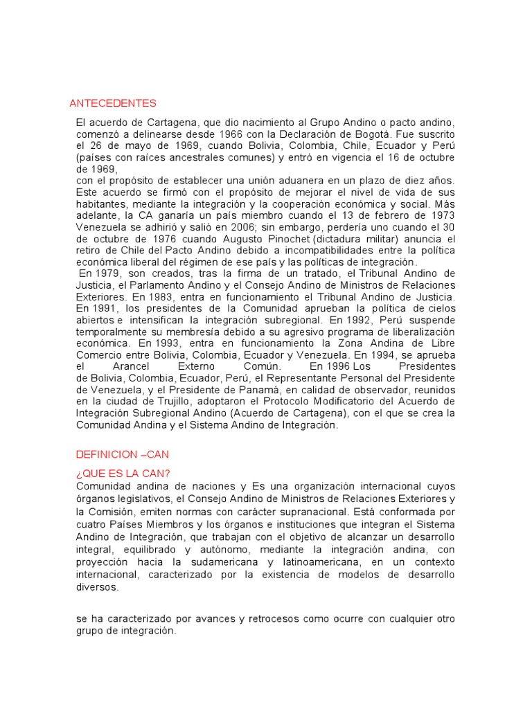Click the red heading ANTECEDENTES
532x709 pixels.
point(113,103)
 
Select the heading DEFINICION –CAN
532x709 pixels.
point(122,454)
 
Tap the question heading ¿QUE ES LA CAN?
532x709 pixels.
point(123,474)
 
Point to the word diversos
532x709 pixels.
point(97,587)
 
